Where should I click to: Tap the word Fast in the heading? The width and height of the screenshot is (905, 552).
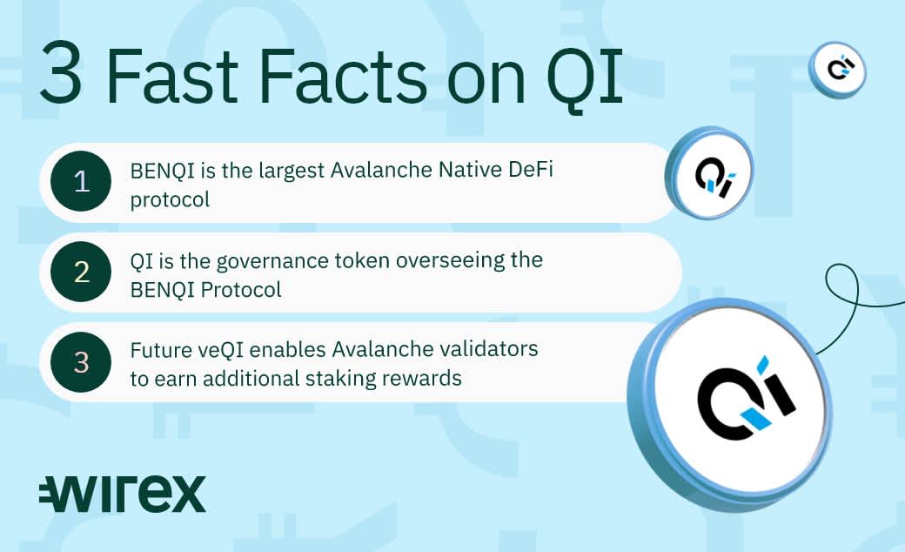[x=171, y=76]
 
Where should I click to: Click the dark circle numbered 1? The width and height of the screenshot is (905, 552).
[x=81, y=181]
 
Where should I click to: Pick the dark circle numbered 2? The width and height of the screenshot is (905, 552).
[x=81, y=272]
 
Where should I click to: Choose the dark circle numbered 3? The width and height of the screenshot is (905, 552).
[x=81, y=362]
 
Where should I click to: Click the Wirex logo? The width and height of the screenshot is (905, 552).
[x=123, y=495]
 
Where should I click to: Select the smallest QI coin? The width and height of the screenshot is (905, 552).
[x=837, y=70]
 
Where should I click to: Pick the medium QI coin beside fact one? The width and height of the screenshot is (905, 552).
[x=710, y=172]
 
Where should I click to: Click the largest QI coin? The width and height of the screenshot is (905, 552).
[x=731, y=404]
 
